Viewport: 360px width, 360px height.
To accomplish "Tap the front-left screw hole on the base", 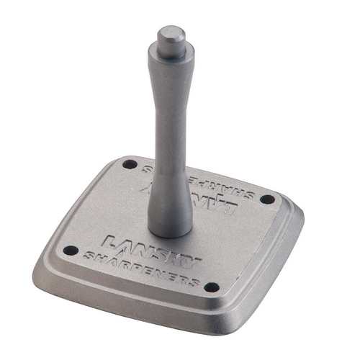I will pyautogui.click(x=70, y=250).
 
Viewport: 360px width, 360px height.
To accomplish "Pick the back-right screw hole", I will pyautogui.click(x=266, y=197).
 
